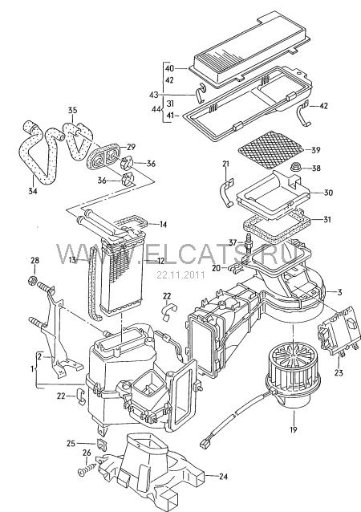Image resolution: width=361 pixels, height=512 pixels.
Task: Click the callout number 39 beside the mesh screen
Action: coord(315,150)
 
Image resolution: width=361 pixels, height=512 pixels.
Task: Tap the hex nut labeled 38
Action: coord(295,168)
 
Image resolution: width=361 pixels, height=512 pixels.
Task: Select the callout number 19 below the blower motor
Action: coord(294,429)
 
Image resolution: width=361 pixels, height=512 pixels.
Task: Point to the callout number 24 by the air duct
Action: coord(223,477)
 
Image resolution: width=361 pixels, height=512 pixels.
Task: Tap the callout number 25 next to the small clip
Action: coord(71,444)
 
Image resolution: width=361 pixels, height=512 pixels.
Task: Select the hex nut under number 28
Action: coord(34,281)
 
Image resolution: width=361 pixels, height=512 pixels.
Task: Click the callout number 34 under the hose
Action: coord(32,190)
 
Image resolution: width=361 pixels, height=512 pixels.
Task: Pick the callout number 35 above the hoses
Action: coord(72,110)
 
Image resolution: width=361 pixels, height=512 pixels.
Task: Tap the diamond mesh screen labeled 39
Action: coord(272,150)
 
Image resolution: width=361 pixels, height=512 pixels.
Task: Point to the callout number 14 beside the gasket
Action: coord(163,225)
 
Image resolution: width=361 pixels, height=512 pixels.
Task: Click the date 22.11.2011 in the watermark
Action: coord(180,275)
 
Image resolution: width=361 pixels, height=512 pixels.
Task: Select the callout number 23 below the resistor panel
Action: coord(339,372)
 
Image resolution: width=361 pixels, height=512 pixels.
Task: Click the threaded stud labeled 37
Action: coord(249,242)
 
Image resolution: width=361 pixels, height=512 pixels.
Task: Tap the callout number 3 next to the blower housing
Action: coord(339,292)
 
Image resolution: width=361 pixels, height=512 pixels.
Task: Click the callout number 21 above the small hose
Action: coord(226,164)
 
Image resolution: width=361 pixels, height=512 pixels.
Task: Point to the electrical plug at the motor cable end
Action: coord(205,443)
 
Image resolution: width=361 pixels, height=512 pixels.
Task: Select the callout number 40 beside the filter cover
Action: coord(169,68)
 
